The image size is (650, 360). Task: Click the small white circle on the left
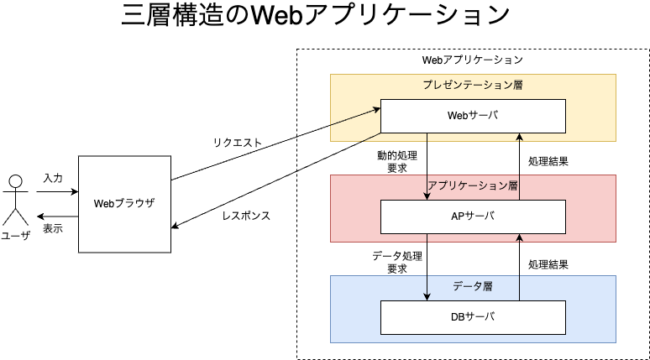click(x=15, y=181)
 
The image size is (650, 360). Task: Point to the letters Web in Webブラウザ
click(x=103, y=204)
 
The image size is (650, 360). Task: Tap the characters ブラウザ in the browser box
click(x=134, y=204)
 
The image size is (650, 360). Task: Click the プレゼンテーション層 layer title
click(x=473, y=86)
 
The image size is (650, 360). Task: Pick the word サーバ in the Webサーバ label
click(x=483, y=116)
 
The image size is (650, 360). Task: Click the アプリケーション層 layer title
click(x=473, y=185)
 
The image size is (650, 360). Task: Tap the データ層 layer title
click(x=473, y=286)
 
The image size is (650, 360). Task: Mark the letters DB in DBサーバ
click(x=459, y=317)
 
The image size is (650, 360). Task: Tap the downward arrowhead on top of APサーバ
click(x=427, y=196)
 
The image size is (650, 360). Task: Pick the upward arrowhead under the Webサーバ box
click(x=520, y=138)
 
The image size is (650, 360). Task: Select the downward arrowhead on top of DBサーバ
click(x=427, y=296)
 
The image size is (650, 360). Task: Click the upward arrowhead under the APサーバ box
click(x=520, y=238)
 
